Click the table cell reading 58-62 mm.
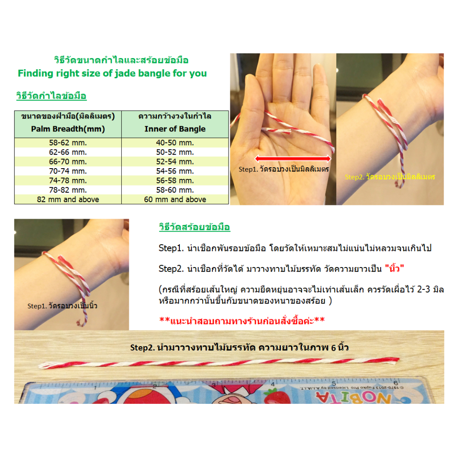tap(68, 143)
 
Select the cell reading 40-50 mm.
tap(175, 143)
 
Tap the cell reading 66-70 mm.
tap(68, 161)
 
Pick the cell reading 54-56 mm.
tap(175, 171)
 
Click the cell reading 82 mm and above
tap(68, 199)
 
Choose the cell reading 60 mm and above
tap(175, 199)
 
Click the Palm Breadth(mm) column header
tap(68, 129)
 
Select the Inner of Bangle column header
tap(175, 129)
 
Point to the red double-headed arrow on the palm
tap(293, 158)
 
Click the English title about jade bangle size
tap(112, 73)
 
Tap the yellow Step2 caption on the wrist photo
tap(390, 177)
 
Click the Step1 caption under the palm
tap(284, 170)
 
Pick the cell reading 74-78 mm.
tap(68, 181)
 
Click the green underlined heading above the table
tap(51, 96)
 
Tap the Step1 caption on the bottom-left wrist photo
tap(63, 306)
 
